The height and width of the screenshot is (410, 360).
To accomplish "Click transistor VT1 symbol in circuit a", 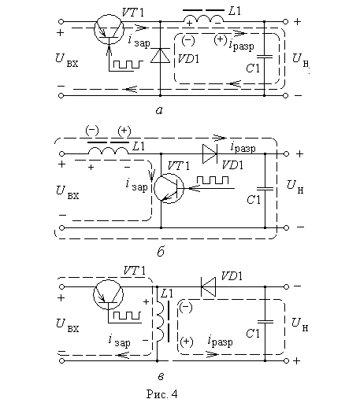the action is click(x=109, y=29).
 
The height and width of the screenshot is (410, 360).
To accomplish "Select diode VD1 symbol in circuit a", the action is click(x=161, y=56).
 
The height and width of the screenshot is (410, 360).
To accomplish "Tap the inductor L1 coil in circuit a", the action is click(x=203, y=19).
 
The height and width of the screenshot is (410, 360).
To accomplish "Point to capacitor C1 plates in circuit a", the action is click(x=265, y=56).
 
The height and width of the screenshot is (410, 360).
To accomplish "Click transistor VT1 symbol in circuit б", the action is click(x=169, y=188).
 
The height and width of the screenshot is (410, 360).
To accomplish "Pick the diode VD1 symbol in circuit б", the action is click(x=210, y=153).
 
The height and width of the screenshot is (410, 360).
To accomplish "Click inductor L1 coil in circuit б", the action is click(x=108, y=150).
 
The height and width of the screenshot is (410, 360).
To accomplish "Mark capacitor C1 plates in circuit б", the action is click(x=265, y=188).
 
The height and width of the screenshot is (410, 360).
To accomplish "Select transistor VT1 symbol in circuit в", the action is click(x=108, y=294).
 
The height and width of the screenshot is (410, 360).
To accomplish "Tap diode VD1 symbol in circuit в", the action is click(x=208, y=286).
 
